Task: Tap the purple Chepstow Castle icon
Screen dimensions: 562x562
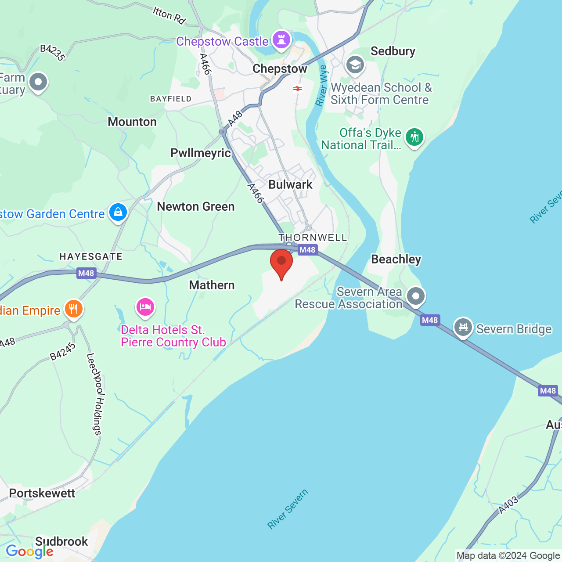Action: pyautogui.click(x=281, y=40)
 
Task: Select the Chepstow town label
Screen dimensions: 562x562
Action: pyautogui.click(x=280, y=69)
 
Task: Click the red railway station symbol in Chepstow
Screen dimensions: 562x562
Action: pyautogui.click(x=298, y=89)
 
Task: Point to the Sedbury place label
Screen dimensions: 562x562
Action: pyautogui.click(x=393, y=51)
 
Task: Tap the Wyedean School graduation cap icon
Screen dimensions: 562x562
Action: pyautogui.click(x=355, y=65)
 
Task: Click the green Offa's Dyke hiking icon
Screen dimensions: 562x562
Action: pyautogui.click(x=414, y=137)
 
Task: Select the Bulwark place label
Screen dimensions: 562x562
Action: pyautogui.click(x=290, y=184)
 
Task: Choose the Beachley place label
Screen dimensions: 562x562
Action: pyautogui.click(x=396, y=259)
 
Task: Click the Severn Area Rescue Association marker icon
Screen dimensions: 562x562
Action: pyautogui.click(x=415, y=296)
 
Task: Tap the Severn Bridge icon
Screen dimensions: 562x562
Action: pyautogui.click(x=463, y=327)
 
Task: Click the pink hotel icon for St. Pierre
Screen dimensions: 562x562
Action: pyautogui.click(x=145, y=307)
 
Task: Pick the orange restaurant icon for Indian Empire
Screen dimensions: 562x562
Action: pyautogui.click(x=74, y=309)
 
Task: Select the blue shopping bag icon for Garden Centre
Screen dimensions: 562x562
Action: pyautogui.click(x=118, y=213)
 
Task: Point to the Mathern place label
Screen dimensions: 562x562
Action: pyautogui.click(x=212, y=285)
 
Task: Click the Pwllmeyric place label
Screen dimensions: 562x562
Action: pyautogui.click(x=201, y=153)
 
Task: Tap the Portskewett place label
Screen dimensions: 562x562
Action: pyautogui.click(x=42, y=493)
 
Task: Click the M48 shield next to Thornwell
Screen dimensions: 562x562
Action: pyautogui.click(x=307, y=250)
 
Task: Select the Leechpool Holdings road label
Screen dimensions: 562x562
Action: pyautogui.click(x=94, y=394)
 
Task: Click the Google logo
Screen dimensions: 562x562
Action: pyautogui.click(x=29, y=551)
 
